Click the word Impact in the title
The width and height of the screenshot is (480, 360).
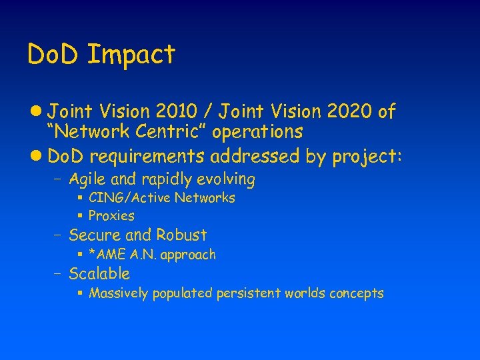(131, 55)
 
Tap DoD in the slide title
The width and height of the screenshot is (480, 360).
(54, 54)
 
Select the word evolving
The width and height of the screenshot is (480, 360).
(227, 179)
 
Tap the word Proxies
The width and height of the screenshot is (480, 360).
(111, 216)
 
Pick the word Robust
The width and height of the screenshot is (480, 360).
(181, 235)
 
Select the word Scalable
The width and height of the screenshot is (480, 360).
(99, 274)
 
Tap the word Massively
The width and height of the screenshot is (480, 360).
(119, 293)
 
